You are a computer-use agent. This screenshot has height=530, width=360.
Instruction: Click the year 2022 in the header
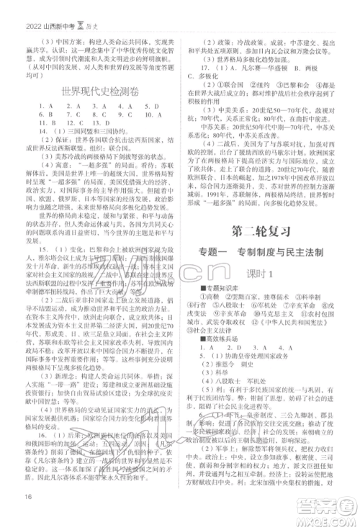point(18,8)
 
